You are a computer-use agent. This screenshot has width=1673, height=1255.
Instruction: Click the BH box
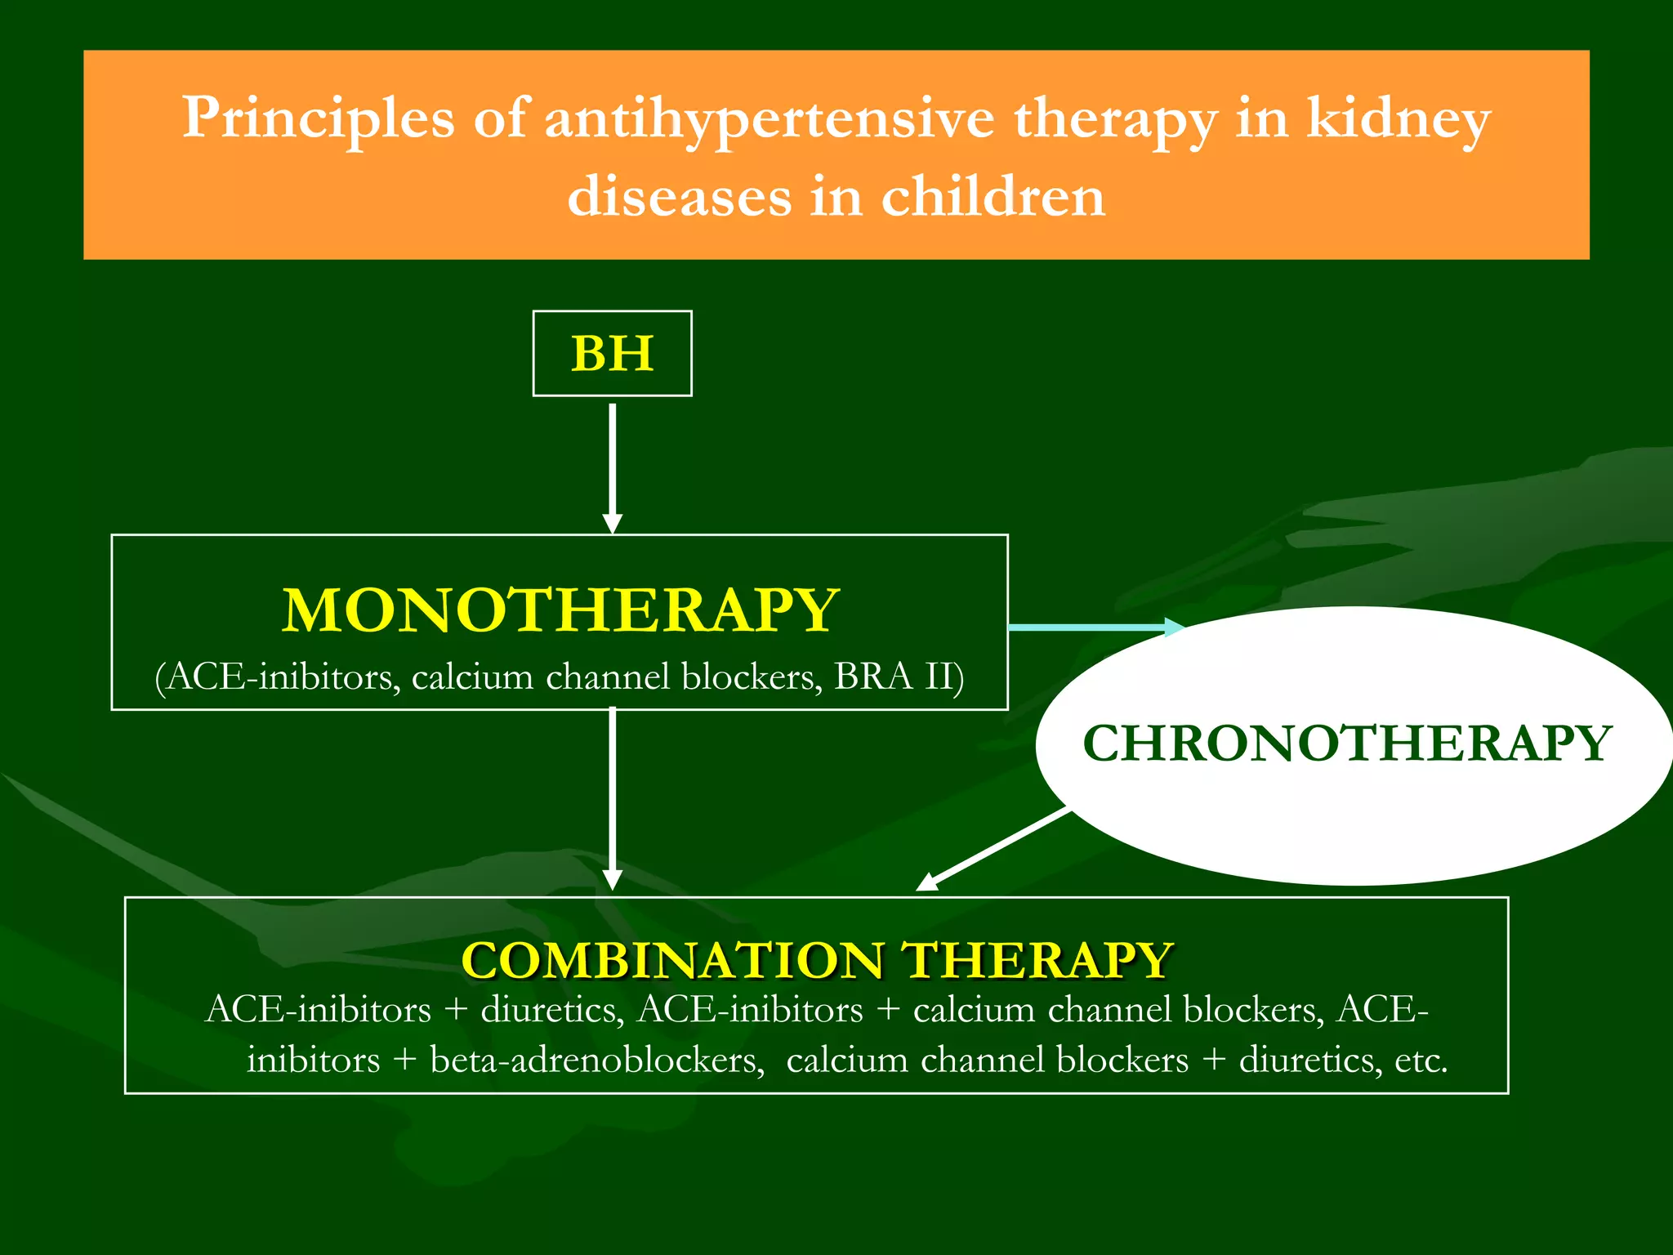612,354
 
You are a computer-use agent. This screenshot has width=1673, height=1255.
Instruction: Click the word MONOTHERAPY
560,610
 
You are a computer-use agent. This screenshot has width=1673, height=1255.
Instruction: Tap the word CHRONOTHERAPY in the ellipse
1346,744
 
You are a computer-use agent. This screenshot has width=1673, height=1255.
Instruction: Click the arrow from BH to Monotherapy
612,466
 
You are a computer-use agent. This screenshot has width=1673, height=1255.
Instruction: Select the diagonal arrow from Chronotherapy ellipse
993,850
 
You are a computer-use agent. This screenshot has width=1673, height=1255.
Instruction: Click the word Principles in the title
318,118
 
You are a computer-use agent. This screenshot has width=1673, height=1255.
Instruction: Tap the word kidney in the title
1398,118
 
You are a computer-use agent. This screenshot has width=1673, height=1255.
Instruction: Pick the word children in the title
993,197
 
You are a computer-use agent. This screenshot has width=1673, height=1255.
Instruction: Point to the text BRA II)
899,677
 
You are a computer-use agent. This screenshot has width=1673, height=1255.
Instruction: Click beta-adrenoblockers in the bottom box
596,1060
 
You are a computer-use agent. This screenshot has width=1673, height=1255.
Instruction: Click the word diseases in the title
680,197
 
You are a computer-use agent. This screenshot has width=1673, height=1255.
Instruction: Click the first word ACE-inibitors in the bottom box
319,1009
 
